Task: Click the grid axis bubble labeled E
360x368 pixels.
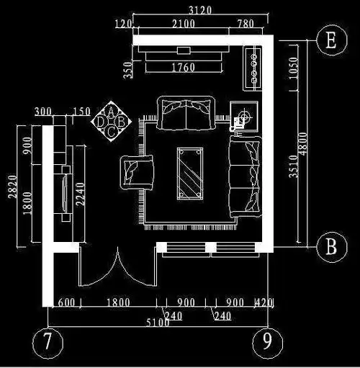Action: pyautogui.click(x=331, y=40)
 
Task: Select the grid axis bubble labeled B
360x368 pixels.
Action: pyautogui.click(x=331, y=247)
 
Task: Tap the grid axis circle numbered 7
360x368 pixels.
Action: pyautogui.click(x=48, y=343)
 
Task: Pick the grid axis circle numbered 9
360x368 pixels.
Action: pyautogui.click(x=268, y=342)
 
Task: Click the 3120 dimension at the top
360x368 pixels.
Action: pyautogui.click(x=200, y=10)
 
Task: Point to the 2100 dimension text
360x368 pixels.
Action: pyautogui.click(x=184, y=24)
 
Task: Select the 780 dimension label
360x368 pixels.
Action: pyautogui.click(x=246, y=24)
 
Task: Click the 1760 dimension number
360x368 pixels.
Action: pyautogui.click(x=184, y=67)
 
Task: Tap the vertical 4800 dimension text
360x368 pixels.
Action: pyautogui.click(x=303, y=143)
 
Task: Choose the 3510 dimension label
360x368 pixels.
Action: pyautogui.click(x=293, y=166)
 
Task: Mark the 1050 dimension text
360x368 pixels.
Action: pyautogui.click(x=293, y=68)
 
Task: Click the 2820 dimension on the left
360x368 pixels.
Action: pyautogui.click(x=12, y=187)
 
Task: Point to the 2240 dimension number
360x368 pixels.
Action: pyautogui.click(x=81, y=194)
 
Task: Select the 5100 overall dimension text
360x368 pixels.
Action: pyautogui.click(x=158, y=323)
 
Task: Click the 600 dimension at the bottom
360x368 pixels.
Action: pyautogui.click(x=66, y=302)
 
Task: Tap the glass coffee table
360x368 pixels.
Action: pyautogui.click(x=190, y=174)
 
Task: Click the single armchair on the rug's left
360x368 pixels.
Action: pyautogui.click(x=137, y=172)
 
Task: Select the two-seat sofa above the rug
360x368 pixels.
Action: pyautogui.click(x=186, y=113)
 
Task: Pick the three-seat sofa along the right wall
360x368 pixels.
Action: pyautogui.click(x=245, y=177)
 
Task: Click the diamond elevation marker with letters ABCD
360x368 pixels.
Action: pyautogui.click(x=111, y=121)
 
